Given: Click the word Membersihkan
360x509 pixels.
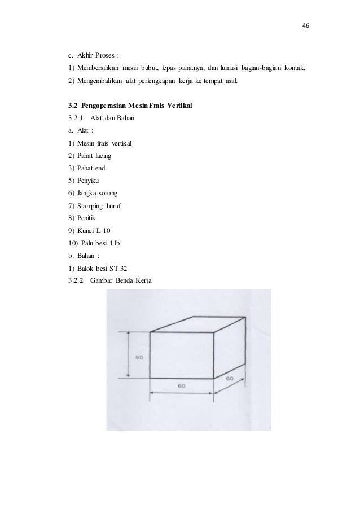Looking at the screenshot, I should point(98,68).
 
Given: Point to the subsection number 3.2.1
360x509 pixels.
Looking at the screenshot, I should point(74,118).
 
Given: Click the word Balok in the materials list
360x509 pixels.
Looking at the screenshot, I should point(87,268).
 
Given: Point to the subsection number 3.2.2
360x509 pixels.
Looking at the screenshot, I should point(74,280).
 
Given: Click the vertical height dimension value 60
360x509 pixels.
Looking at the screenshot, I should point(139,357).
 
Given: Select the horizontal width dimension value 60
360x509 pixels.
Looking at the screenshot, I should point(181,387).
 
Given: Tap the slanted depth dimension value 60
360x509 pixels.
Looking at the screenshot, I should point(230,379).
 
